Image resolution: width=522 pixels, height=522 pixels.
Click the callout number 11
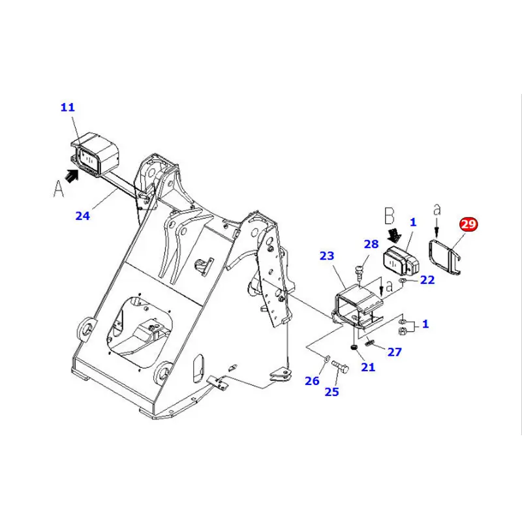[68, 107]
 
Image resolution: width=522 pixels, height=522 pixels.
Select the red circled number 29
[468, 224]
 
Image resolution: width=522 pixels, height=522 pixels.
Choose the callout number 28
[371, 244]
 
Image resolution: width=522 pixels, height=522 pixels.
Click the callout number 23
[327, 256]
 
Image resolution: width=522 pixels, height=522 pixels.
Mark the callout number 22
[427, 281]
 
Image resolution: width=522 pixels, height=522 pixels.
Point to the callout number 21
[368, 367]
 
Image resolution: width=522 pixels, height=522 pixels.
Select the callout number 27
[395, 352]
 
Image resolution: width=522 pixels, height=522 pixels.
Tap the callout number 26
[313, 381]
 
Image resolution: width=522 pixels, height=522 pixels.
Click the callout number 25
[332, 391]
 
